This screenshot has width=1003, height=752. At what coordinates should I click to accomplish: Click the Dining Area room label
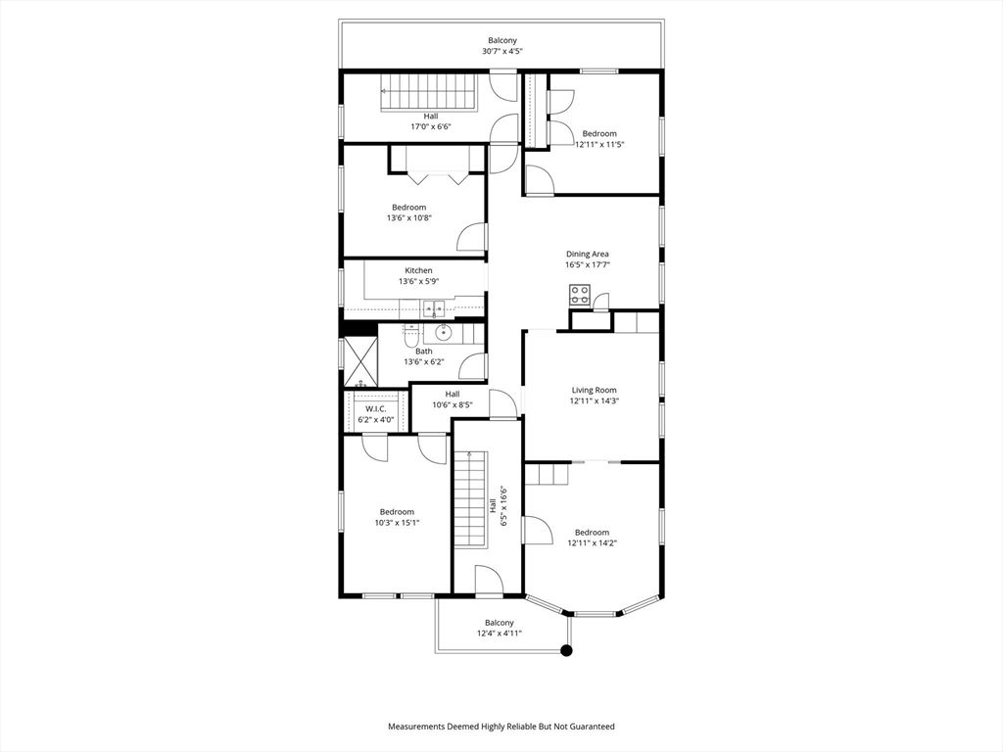click(587, 254)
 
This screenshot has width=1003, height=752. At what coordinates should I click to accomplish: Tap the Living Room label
click(595, 390)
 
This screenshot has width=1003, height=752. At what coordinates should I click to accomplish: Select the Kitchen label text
click(418, 271)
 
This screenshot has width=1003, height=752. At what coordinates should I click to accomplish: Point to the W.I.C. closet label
click(375, 408)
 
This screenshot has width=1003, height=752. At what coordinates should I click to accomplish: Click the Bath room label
click(423, 351)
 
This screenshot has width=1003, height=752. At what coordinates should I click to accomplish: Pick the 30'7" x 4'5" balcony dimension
click(501, 51)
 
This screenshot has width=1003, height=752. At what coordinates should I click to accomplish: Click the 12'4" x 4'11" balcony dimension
click(499, 634)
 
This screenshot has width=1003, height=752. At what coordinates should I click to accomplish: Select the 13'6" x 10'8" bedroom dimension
click(408, 218)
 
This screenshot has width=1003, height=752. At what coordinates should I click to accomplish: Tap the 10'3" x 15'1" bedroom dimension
click(397, 523)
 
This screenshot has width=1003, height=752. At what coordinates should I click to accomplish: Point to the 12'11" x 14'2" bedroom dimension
click(592, 543)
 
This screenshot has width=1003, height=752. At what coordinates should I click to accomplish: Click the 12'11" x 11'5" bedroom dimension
click(599, 145)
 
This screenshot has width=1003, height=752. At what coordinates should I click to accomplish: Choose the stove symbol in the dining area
click(579, 293)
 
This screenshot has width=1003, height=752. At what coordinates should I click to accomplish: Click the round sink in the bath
click(443, 333)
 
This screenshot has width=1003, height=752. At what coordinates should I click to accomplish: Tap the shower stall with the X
click(358, 361)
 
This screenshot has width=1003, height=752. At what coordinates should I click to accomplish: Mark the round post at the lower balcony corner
click(565, 649)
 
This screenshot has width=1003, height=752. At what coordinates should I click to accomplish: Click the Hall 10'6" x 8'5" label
click(453, 399)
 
